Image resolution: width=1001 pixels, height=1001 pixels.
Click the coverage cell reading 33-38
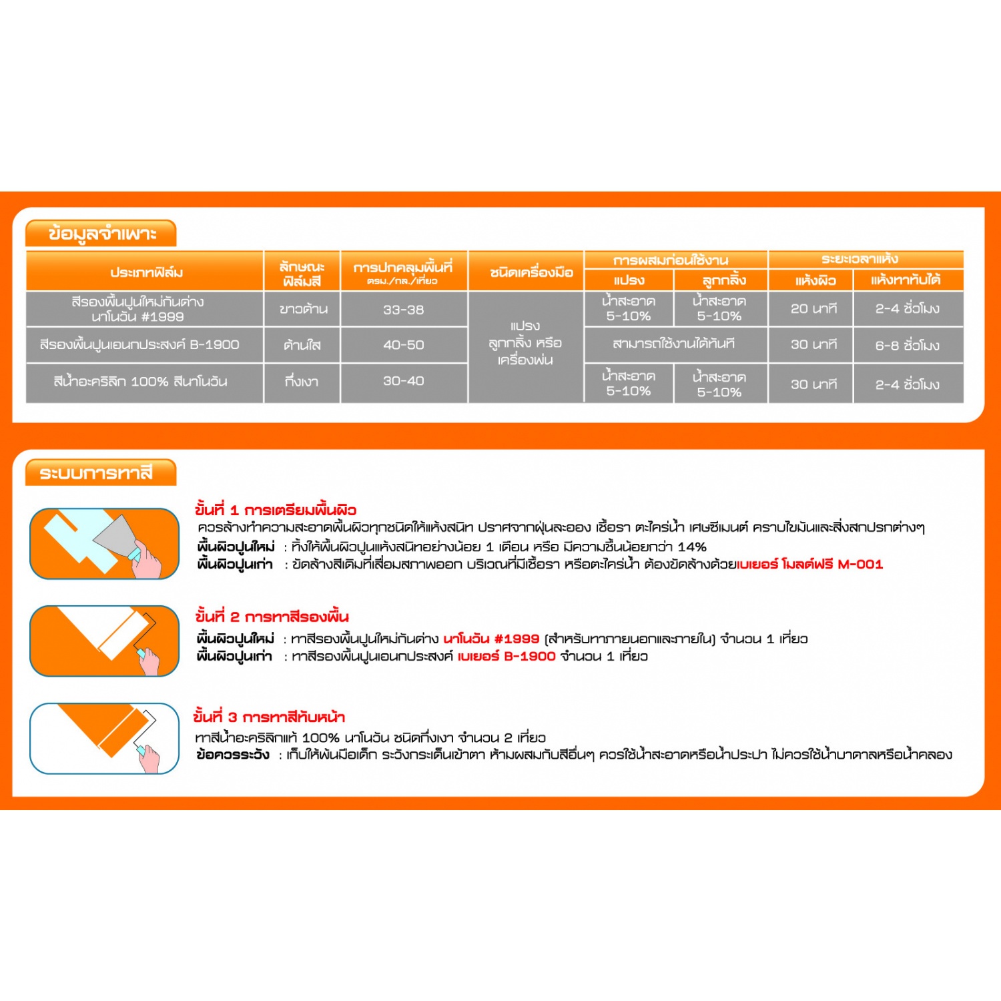point(403,310)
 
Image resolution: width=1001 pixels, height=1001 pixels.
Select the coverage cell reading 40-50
point(403,345)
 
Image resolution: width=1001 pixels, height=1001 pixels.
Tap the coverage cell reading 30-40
point(403,381)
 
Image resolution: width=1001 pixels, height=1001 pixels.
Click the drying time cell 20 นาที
point(813,309)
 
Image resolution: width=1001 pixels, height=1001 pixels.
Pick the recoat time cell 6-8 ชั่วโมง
point(907,345)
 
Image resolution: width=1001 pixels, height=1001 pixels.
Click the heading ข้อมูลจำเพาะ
point(101,234)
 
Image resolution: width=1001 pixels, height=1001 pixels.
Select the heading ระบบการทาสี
point(96,473)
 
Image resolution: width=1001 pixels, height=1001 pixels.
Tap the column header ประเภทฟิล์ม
point(146,272)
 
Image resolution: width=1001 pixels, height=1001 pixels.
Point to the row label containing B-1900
point(139,345)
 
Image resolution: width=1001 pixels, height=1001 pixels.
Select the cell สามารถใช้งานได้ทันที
point(673,344)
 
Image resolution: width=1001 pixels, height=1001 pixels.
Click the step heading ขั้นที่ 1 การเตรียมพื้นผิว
point(276,511)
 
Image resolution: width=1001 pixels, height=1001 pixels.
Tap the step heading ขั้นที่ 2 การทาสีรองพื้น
point(272,617)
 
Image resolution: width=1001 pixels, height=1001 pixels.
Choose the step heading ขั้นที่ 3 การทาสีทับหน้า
point(270,717)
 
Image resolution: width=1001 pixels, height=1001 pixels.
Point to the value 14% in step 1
point(691,547)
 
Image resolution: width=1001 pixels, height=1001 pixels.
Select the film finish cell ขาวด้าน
point(303,310)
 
